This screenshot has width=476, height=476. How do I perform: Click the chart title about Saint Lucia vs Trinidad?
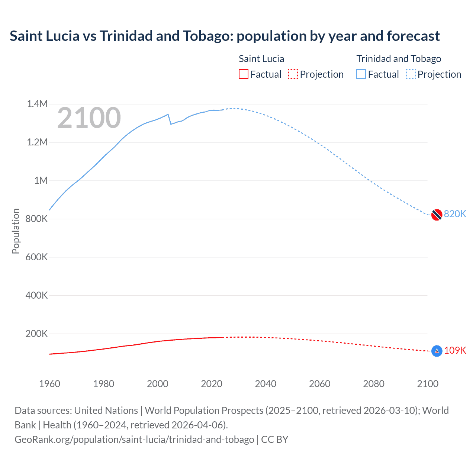point(225,36)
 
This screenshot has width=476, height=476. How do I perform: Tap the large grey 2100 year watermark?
point(89,118)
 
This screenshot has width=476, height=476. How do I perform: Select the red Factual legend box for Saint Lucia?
point(243,74)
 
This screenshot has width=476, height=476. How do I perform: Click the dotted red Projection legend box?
point(293,74)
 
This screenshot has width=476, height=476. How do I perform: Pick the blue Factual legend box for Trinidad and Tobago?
point(361,74)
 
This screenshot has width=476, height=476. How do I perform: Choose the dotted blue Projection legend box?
point(411,74)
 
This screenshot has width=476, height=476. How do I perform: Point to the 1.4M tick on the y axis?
point(37,104)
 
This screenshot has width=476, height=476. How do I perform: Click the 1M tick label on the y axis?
point(41,181)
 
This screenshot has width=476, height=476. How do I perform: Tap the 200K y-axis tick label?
point(36,334)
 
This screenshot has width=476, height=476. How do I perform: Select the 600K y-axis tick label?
point(36,257)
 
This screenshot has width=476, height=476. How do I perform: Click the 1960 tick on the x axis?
point(49,384)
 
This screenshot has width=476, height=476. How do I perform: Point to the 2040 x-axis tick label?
point(266,384)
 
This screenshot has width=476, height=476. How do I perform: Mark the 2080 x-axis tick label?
point(374,384)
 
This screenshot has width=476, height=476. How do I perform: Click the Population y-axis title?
point(16,231)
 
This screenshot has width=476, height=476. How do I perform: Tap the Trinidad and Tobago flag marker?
point(437,215)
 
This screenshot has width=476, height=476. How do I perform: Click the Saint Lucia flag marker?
point(437,351)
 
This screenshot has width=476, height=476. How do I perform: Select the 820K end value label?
point(455,214)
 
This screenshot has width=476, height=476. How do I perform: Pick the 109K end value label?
point(455,350)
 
